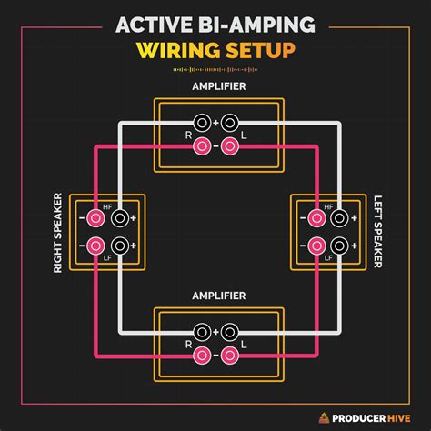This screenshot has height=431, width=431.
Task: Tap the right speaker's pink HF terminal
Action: click(x=95, y=219)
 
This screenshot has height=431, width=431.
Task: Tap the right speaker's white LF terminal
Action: click(x=117, y=246)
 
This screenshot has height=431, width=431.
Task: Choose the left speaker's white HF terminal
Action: click(x=338, y=219)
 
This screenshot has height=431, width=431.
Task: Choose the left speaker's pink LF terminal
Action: click(x=316, y=246)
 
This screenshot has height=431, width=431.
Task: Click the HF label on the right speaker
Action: click(x=107, y=208)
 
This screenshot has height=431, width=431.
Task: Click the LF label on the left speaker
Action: click(x=327, y=257)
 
